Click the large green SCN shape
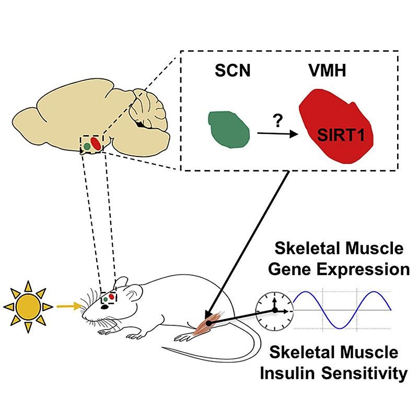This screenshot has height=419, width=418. pos(227,129)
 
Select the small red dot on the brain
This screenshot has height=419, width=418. pos(96,143)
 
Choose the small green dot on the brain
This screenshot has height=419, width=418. pos(86,146)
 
